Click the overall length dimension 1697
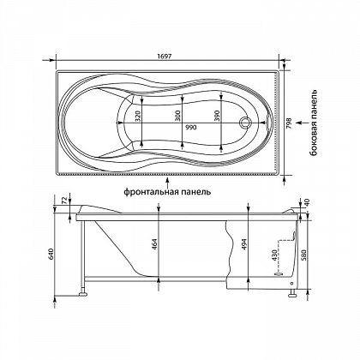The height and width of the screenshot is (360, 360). tap(165, 56)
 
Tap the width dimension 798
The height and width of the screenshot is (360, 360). tap(289, 124)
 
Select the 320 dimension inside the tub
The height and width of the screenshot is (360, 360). tap(138, 116)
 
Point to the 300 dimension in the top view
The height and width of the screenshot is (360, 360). tap(177, 116)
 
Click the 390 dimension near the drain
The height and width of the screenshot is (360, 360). tap(217, 116)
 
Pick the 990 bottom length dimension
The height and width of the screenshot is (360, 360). tap(190, 128)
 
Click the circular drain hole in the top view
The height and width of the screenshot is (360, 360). tap(245, 123)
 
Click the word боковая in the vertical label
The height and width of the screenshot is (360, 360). tap(315, 141)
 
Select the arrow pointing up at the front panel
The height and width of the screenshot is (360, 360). tap(168, 182)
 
